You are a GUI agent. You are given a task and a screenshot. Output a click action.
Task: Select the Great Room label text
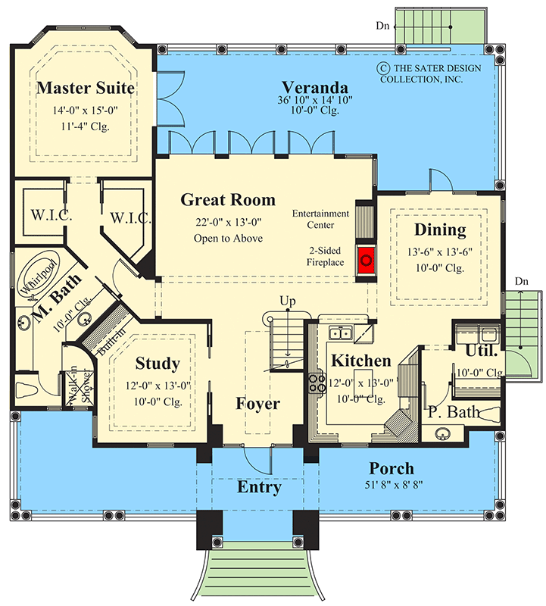click(x=227, y=200)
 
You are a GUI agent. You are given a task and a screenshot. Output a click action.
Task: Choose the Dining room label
click(x=439, y=230)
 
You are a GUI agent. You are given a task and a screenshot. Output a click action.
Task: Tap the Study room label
click(x=158, y=364)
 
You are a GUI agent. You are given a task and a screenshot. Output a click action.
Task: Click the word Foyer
click(x=257, y=404)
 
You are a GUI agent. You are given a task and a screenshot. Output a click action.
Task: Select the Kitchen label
click(x=360, y=361)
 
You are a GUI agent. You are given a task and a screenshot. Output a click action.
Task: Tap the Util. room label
click(x=481, y=351)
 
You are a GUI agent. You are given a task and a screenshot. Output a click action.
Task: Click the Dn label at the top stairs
click(x=384, y=26)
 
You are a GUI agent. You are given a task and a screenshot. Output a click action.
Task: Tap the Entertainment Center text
click(x=321, y=219)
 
